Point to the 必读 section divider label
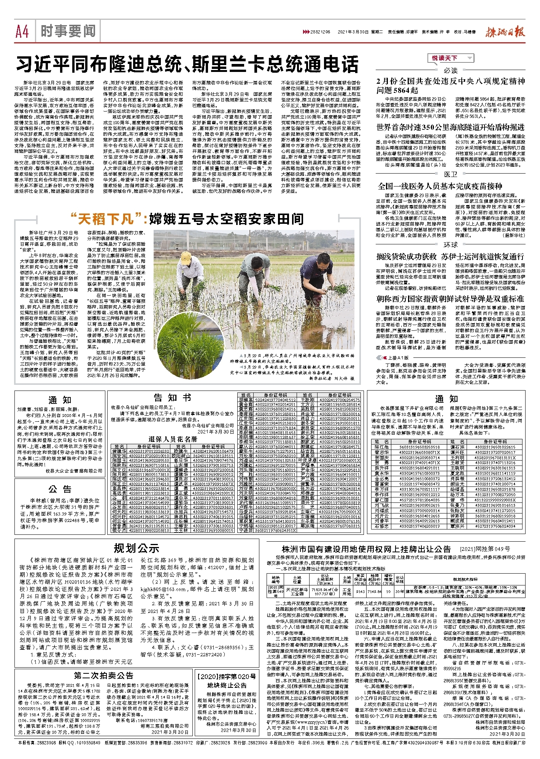(450, 70)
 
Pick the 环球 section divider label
(450, 245)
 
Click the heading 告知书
(172, 398)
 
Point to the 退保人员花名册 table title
(173, 439)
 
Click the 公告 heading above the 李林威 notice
(60, 489)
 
